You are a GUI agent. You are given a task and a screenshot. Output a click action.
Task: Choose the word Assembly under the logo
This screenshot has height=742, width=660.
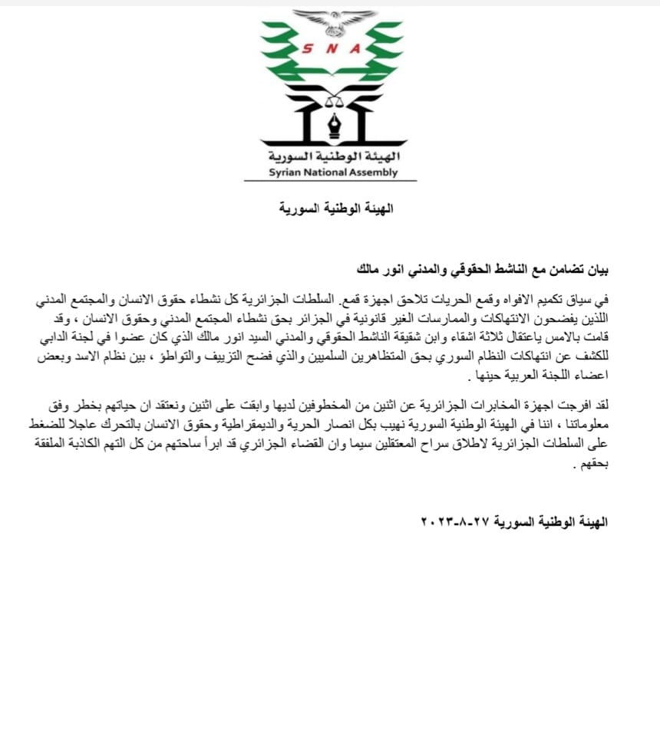pyautogui.click(x=374, y=172)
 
